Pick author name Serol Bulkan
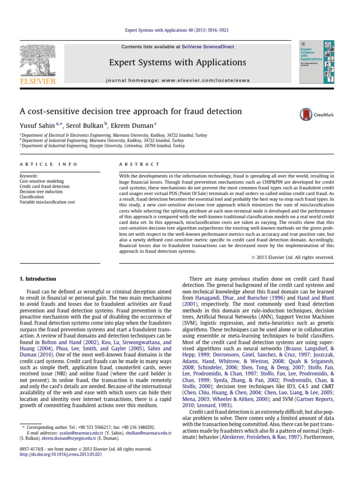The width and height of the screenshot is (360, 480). point(85,125)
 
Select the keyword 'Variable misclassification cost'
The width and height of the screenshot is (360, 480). point(47,202)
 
